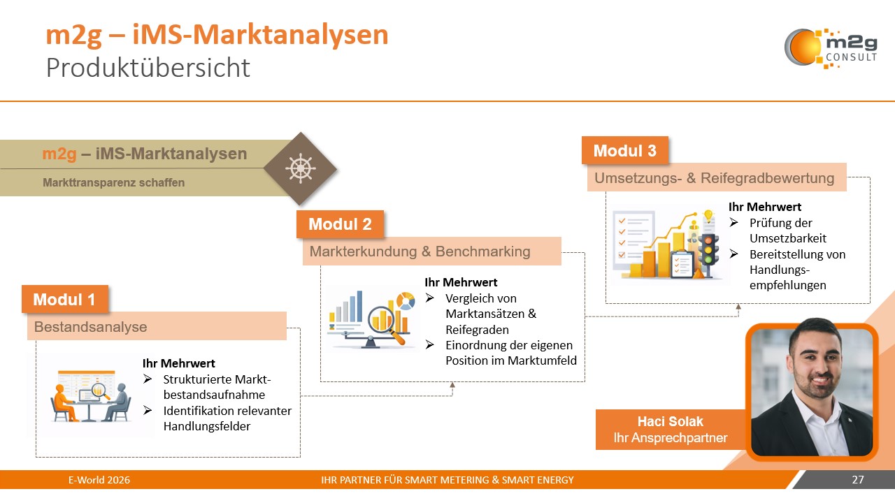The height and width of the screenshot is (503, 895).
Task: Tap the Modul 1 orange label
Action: [65, 300]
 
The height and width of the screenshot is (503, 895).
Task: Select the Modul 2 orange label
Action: [340, 224]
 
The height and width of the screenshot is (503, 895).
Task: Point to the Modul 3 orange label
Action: [624, 151]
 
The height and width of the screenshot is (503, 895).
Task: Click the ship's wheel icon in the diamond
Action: [300, 168]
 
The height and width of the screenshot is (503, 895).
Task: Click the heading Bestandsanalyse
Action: [91, 326]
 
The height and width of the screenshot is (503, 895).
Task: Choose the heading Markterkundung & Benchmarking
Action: [420, 251]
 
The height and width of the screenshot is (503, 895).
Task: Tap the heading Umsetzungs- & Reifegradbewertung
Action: [714, 178]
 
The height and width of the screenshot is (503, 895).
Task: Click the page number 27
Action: [858, 480]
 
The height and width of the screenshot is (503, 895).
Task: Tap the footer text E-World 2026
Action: [99, 480]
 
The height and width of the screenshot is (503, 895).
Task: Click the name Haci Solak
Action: [661, 421]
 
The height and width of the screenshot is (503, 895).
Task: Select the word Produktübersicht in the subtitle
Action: [148, 68]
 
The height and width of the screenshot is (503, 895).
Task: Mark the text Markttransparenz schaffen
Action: [114, 183]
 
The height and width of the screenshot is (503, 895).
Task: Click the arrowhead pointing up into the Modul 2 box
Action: [452, 385]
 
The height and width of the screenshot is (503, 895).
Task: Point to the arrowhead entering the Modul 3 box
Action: [738, 306]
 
